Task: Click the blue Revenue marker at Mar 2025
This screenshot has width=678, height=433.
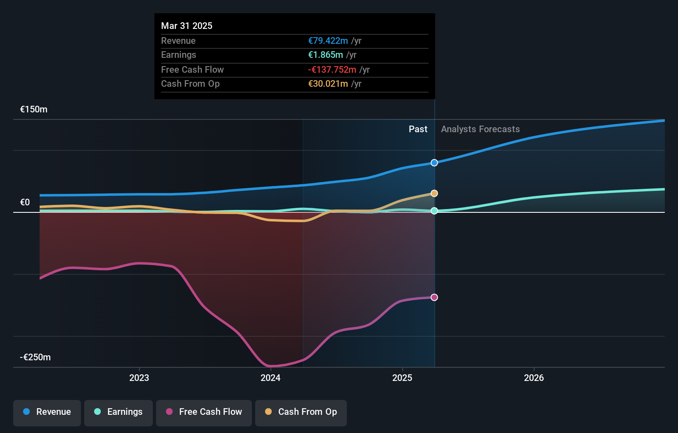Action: click(434, 163)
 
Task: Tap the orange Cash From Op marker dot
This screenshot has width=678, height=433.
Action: click(434, 193)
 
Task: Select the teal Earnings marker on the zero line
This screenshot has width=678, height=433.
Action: click(434, 211)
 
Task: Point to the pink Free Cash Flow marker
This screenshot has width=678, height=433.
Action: click(434, 297)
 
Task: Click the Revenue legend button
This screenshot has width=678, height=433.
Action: click(47, 412)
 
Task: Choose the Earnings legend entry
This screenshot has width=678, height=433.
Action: click(119, 412)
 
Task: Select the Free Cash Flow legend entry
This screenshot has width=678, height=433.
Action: click(204, 412)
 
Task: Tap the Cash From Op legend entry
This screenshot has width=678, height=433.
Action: click(301, 412)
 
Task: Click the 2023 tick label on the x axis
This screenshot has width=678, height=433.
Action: click(139, 378)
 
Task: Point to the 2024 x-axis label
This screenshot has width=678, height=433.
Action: click(270, 378)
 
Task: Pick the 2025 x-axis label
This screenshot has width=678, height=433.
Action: click(402, 378)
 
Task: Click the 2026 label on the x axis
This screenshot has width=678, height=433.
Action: click(534, 378)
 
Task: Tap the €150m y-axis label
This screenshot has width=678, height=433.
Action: click(34, 109)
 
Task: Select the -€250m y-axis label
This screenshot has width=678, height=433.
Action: click(36, 357)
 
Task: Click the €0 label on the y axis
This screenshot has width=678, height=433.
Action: click(25, 202)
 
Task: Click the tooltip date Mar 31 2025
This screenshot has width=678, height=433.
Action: click(187, 26)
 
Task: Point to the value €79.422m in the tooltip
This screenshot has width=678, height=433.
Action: click(328, 40)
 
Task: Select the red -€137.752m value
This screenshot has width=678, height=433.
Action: click(332, 69)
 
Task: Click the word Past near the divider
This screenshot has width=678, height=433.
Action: click(418, 129)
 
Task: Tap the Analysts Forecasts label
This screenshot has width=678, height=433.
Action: click(480, 129)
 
